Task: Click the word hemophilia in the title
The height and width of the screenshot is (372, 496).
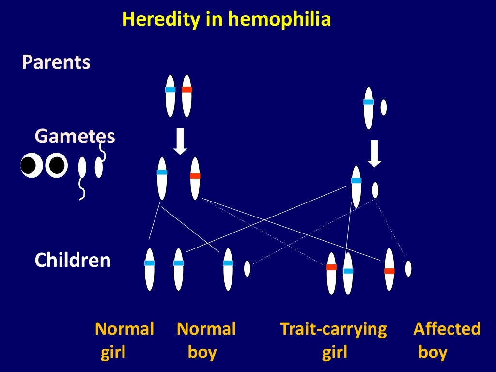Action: (x=279, y=19)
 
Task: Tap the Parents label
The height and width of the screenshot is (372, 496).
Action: (x=56, y=62)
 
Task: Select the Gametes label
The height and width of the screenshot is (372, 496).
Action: (x=75, y=137)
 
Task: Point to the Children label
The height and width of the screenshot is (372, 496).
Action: (x=73, y=261)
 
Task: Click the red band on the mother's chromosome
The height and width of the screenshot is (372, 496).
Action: (x=186, y=90)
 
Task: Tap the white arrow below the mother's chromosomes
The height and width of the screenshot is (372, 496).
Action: (x=180, y=140)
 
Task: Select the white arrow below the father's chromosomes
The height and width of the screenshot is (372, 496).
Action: (x=374, y=153)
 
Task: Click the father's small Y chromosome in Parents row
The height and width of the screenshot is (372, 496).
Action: (x=383, y=108)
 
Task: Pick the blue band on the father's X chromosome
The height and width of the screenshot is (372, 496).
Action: (x=369, y=102)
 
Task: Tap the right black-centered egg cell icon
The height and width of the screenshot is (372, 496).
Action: (x=56, y=166)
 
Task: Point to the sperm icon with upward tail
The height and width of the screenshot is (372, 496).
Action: (x=99, y=165)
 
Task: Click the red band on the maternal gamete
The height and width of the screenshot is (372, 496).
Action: (x=195, y=176)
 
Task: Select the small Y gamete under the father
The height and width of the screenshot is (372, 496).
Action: (x=375, y=190)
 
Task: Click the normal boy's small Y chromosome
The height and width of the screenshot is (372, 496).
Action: (x=247, y=269)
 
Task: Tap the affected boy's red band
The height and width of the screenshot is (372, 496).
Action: (x=389, y=271)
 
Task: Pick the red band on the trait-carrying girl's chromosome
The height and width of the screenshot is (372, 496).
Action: (x=331, y=267)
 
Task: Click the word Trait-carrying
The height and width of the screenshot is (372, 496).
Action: (x=333, y=329)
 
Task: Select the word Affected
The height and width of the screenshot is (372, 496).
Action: (x=447, y=329)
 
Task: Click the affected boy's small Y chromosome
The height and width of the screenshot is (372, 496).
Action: (x=408, y=268)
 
